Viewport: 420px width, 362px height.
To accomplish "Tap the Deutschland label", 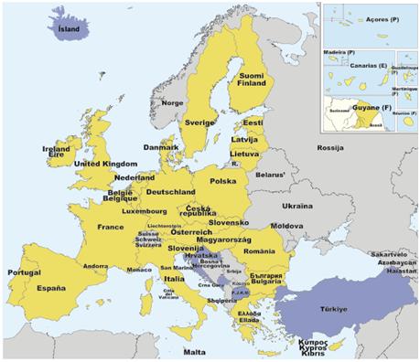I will click(x=171, y=192).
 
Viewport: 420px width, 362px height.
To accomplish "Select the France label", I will click(x=111, y=226).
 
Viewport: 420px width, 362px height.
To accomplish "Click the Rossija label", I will click(x=328, y=147).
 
